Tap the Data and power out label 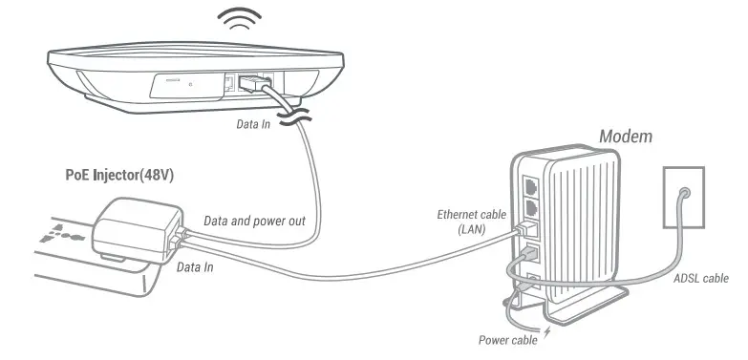click(254, 221)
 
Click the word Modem click(625, 136)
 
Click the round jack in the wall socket click(683, 192)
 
